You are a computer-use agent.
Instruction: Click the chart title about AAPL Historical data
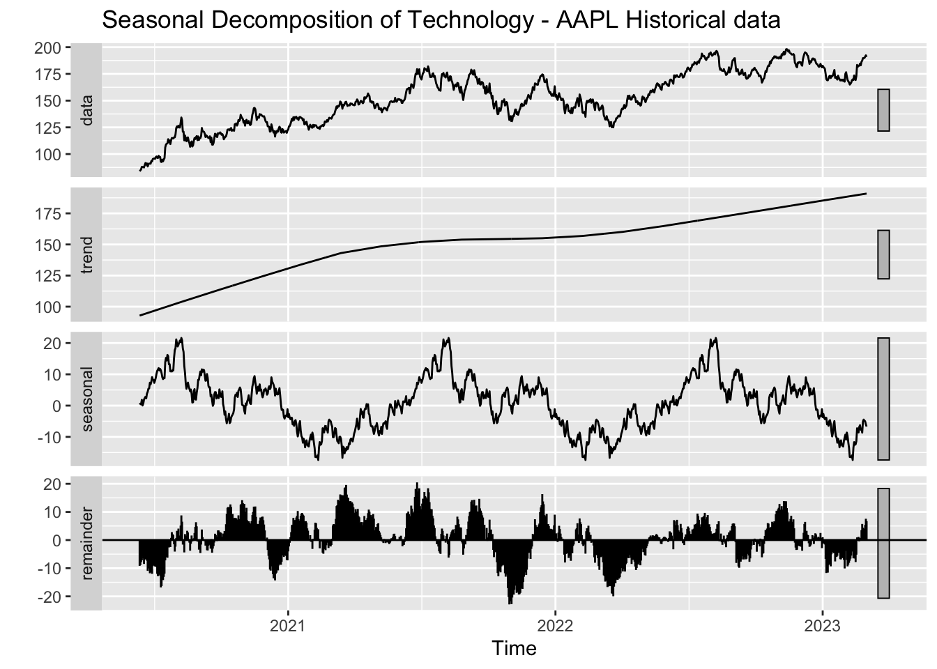click(x=441, y=20)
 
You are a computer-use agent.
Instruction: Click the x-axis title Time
click(x=514, y=649)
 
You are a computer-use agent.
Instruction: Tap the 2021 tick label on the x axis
click(x=288, y=625)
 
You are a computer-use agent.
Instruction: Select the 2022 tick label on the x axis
click(x=556, y=625)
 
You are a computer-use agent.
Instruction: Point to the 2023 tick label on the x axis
click(x=823, y=625)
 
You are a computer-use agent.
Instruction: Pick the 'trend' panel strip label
click(x=86, y=255)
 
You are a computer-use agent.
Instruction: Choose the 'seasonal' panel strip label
click(x=86, y=399)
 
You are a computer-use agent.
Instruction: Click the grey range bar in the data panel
click(x=883, y=110)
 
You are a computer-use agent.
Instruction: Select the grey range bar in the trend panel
click(x=883, y=254)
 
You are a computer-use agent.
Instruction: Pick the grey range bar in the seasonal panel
click(x=883, y=399)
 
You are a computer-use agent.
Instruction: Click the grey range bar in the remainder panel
click(x=883, y=543)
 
